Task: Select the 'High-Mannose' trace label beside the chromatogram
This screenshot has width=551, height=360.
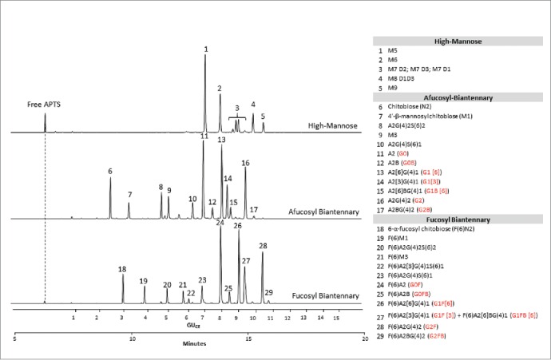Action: click(x=333, y=126)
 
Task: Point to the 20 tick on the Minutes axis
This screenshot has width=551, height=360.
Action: click(x=365, y=337)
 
